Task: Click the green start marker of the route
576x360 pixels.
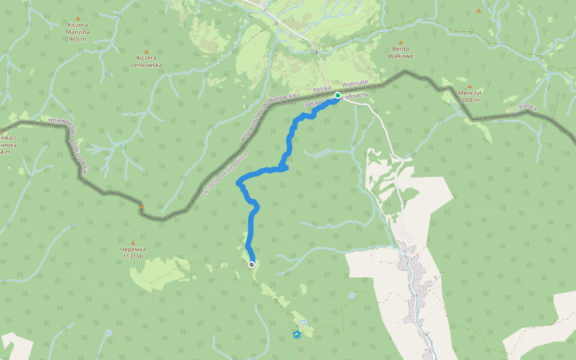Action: [x=338, y=95]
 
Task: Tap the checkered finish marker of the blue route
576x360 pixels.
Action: [x=251, y=265]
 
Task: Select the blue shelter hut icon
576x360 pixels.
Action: [x=296, y=334]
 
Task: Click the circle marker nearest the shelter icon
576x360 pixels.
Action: [x=304, y=322]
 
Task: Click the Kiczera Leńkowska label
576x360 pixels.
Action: [x=146, y=62]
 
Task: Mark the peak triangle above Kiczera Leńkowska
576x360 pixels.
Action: [x=146, y=52]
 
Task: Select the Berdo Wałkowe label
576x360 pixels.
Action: [x=402, y=53]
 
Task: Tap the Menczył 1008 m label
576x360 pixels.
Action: [x=469, y=97]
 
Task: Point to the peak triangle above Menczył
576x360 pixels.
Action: [x=469, y=86]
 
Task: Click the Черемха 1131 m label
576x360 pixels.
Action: [x=133, y=253]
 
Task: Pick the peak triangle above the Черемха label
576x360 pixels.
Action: [x=133, y=243]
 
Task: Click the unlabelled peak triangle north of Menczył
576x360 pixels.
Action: [x=478, y=11]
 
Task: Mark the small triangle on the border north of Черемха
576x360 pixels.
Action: [x=142, y=207]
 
